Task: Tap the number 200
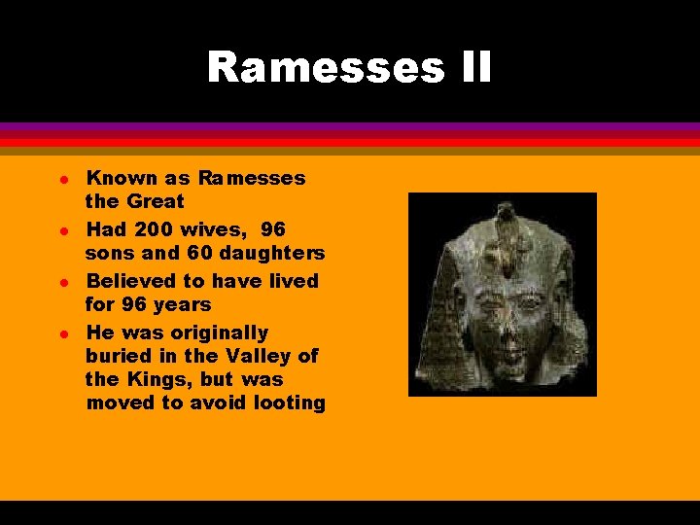coord(153,228)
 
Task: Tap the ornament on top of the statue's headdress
coord(507,218)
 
